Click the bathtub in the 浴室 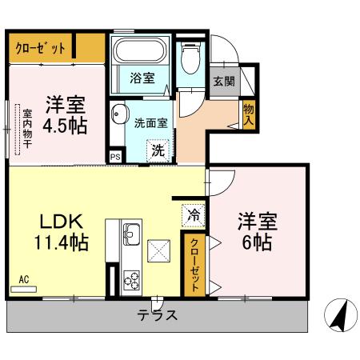(140, 51)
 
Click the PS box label (115, 157)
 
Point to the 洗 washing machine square (158, 150)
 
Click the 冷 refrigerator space (193, 216)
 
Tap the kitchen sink (131, 234)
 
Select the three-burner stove (132, 280)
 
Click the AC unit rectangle (23, 290)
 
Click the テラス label (157, 315)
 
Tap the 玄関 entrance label (224, 81)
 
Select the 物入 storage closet (249, 115)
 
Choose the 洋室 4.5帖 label (65, 115)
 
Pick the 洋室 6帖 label (258, 231)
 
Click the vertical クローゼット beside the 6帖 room (194, 265)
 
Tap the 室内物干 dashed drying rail (18, 130)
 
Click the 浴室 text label (142, 78)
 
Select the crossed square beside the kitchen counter (159, 251)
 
